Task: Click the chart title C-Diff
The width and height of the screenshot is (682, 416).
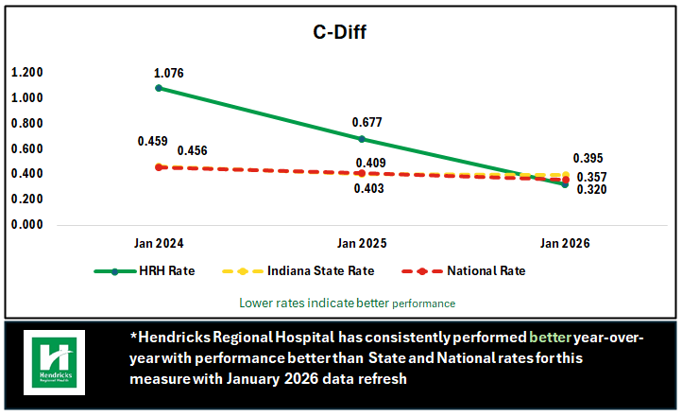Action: [340, 34]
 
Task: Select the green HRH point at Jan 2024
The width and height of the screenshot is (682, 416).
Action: [159, 88]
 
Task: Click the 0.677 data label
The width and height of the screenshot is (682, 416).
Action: [366, 123]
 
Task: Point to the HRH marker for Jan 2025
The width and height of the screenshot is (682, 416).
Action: [362, 139]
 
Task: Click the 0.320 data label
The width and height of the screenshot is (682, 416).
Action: [591, 189]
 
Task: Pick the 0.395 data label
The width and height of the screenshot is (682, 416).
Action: [588, 159]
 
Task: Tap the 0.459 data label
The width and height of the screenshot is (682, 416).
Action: [152, 142]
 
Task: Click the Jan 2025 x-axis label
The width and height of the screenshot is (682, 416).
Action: [362, 243]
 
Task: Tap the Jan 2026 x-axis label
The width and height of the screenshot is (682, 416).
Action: [565, 243]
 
